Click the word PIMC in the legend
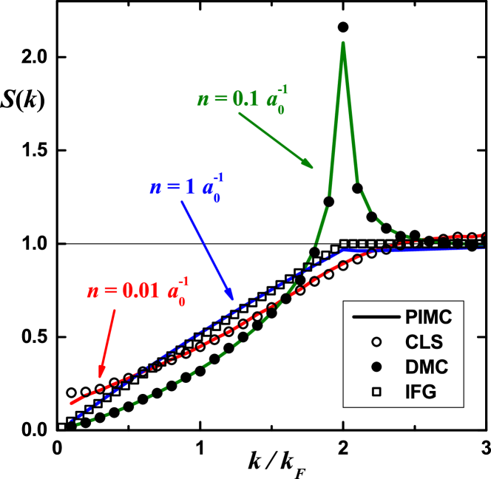click(x=428, y=318)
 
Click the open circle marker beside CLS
click(x=376, y=342)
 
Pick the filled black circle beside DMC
click(x=376, y=367)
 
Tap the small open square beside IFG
click(x=376, y=392)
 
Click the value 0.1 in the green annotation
click(x=245, y=99)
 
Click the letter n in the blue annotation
click(x=155, y=187)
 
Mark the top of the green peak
click(x=343, y=43)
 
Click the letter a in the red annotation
click(x=174, y=292)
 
